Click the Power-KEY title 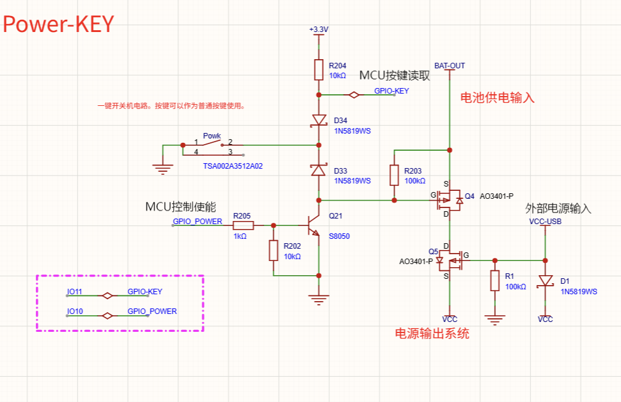pos(59,24)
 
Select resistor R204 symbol pos(318,70)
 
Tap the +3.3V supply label pos(319,30)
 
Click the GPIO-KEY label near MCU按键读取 pos(392,91)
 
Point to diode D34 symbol pos(318,120)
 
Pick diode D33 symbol pos(318,170)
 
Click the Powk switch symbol pos(213,146)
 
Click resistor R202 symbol pos(274,251)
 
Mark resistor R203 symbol pos(395,175)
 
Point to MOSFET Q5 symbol pos(448,260)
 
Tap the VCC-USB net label pos(545,221)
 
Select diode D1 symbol pos(545,281)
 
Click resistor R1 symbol pos(495,281)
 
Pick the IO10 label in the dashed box pos(75,312)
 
